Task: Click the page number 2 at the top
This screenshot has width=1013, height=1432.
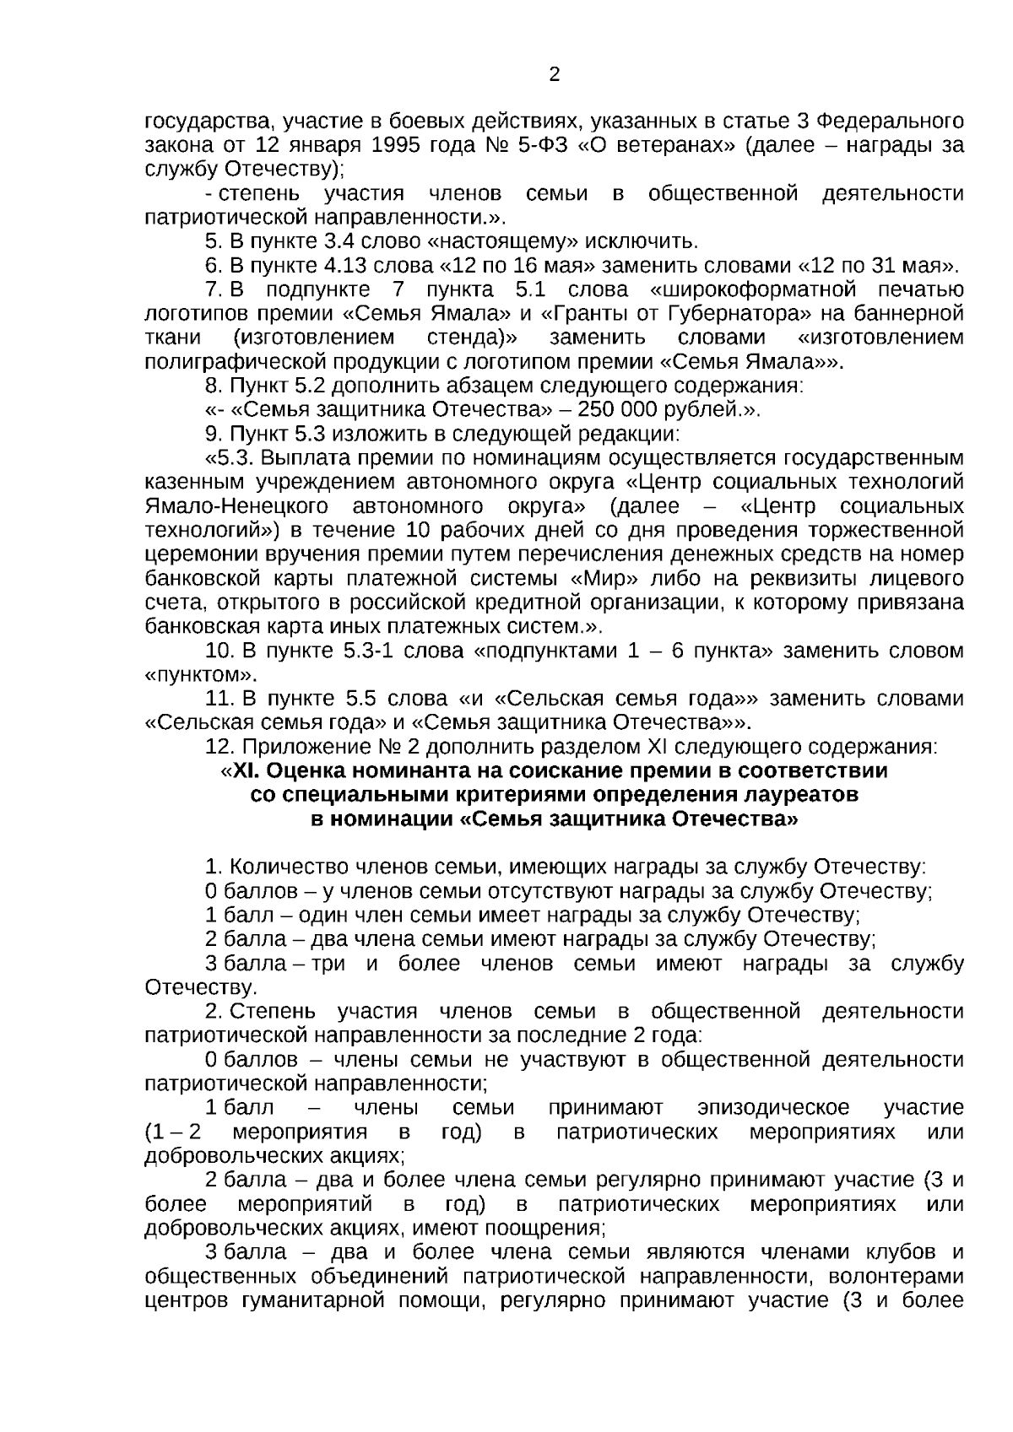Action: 555,74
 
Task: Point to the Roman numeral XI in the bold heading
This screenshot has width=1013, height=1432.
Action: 244,771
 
